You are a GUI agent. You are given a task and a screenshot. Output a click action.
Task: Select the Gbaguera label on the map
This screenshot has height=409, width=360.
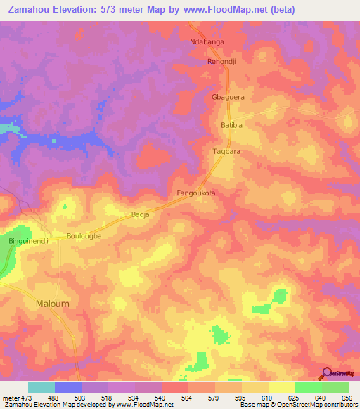[x=227, y=98]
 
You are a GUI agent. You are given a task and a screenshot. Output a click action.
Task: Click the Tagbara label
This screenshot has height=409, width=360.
[x=226, y=152]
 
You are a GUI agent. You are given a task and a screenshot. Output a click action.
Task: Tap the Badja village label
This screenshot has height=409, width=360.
[x=141, y=216]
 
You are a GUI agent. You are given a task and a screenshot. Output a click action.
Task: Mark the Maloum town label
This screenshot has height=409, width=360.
[x=51, y=304]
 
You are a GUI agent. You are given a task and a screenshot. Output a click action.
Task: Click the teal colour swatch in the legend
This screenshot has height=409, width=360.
[x=41, y=387]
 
